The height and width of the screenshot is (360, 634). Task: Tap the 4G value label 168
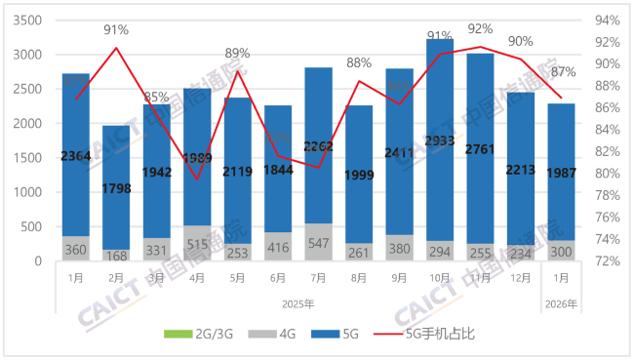point(116,257)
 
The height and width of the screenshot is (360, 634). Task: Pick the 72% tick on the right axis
point(609,261)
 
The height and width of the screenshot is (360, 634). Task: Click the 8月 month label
point(358,279)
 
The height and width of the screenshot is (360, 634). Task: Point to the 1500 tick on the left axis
point(29,158)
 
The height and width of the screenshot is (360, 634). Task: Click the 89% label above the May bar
point(237,53)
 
